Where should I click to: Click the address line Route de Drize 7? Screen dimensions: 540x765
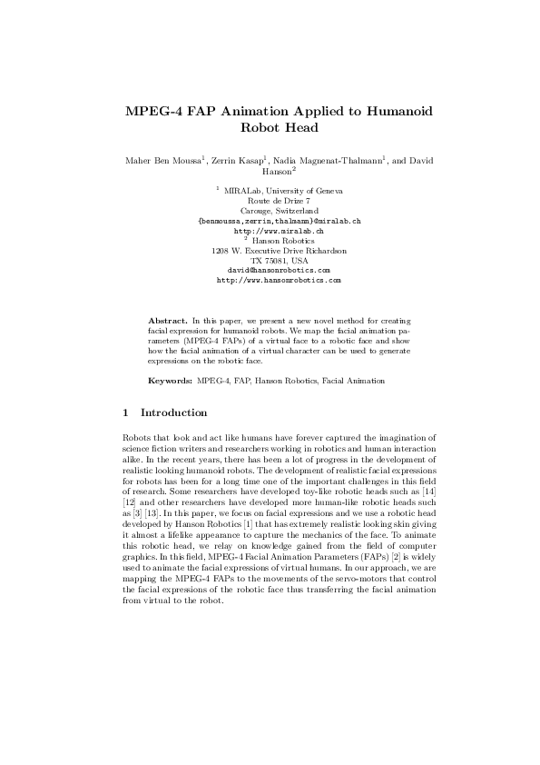[279, 201]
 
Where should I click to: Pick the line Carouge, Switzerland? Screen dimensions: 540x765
[279, 211]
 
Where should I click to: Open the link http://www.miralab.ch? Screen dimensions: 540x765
[279, 231]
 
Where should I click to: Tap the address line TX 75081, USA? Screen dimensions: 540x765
[279, 260]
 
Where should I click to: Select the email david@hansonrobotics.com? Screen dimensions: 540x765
[279, 270]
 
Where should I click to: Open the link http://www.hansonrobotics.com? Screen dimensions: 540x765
[279, 280]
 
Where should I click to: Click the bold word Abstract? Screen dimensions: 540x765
[167, 322]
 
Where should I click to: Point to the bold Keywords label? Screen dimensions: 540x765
[169, 376]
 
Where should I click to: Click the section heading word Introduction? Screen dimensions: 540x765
[174, 413]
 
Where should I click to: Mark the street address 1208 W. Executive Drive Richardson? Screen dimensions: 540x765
[279, 250]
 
